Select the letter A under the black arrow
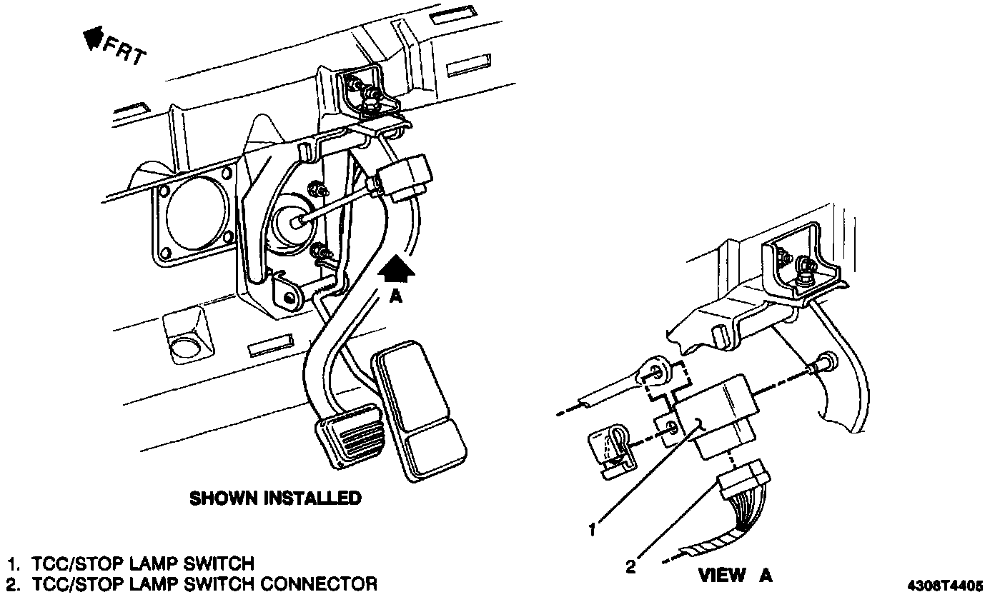pyautogui.click(x=395, y=296)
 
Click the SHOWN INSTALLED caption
pyautogui.click(x=275, y=498)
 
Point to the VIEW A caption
pyautogui.click(x=735, y=575)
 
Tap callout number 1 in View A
pyautogui.click(x=592, y=529)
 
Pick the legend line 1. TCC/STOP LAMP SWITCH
pyautogui.click(x=131, y=563)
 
